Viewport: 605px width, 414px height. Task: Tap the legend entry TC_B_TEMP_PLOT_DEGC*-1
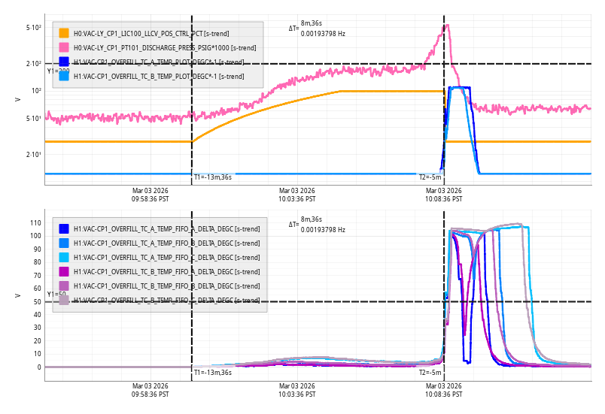point(158,76)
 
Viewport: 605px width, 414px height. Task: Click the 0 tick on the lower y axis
point(38,367)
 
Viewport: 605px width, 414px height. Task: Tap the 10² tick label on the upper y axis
point(35,91)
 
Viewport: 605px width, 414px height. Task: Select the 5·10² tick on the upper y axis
point(33,28)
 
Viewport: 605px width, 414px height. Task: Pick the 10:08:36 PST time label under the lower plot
point(443,391)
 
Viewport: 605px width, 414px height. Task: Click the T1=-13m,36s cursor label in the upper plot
point(212,177)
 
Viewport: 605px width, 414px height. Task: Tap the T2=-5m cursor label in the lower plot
point(430,373)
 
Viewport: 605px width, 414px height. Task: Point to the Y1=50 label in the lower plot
point(56,295)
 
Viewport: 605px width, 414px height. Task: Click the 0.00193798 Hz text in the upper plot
point(323,34)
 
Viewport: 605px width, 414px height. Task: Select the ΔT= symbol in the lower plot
point(293,225)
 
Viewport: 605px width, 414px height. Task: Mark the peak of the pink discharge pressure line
point(448,25)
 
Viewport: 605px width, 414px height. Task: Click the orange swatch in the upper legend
point(64,33)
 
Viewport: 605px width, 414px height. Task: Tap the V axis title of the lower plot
point(17,295)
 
